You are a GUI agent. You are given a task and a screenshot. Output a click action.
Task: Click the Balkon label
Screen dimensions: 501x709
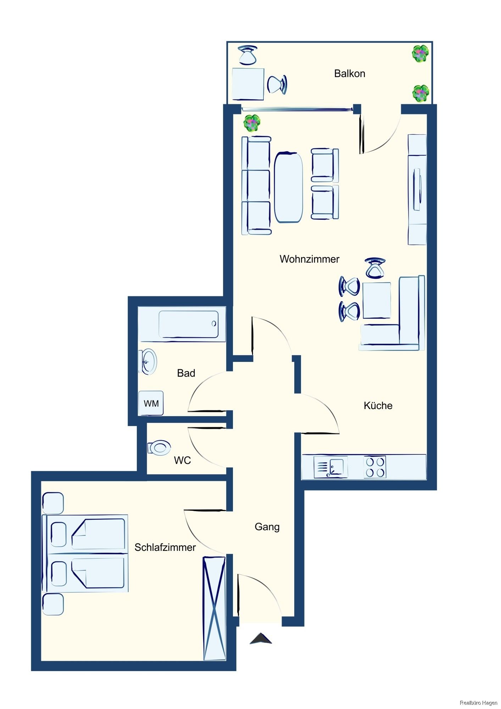[349, 73]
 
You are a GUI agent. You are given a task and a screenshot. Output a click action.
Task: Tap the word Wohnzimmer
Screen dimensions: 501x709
[309, 259]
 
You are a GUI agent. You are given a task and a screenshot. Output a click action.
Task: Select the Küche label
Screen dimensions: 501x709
[378, 406]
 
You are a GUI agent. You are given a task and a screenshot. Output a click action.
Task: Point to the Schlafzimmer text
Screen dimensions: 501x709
[165, 547]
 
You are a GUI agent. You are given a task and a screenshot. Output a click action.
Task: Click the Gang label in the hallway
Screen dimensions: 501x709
[267, 527]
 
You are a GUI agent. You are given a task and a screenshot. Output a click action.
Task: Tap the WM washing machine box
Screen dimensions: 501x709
[151, 403]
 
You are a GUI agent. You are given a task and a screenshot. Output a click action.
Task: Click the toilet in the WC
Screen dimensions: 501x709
[159, 448]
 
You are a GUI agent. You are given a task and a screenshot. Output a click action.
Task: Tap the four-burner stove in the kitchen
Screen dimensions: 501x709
[375, 467]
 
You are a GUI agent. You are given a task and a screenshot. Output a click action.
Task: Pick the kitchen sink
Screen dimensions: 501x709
[330, 467]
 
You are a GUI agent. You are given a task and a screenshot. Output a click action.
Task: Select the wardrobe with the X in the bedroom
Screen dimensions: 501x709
[214, 608]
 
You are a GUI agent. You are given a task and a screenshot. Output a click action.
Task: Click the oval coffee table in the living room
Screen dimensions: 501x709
[289, 187]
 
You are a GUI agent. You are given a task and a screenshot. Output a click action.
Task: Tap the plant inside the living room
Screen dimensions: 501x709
[252, 123]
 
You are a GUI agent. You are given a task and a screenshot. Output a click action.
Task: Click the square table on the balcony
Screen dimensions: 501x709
[248, 84]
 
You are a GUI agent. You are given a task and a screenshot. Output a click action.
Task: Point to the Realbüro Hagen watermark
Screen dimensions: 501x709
[478, 703]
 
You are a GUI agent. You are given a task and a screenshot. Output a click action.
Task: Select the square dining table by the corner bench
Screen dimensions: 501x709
[377, 300]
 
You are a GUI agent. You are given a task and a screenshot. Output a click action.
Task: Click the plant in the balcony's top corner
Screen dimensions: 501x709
[421, 54]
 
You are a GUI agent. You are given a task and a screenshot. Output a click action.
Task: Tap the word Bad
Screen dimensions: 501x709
[186, 373]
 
